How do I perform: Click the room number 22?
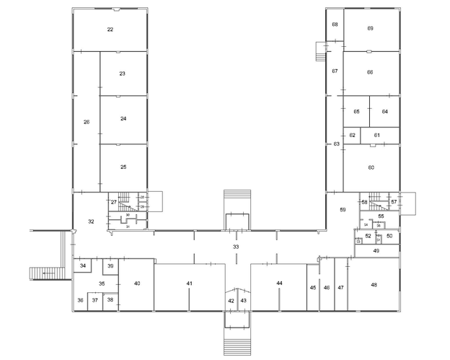(x=110, y=30)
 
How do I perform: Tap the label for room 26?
(x=87, y=122)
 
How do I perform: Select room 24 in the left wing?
(x=123, y=118)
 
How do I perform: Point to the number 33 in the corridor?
(x=235, y=247)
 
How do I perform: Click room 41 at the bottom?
(x=189, y=284)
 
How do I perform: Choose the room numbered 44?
(x=278, y=283)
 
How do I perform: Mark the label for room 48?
(x=374, y=285)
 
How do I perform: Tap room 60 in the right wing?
(x=371, y=167)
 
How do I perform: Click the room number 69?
(x=370, y=28)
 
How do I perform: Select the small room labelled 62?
(x=352, y=135)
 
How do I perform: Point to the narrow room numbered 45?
(x=313, y=288)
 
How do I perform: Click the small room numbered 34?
(x=83, y=266)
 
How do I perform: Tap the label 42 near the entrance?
(x=231, y=300)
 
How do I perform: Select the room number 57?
(x=394, y=202)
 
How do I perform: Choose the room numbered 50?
(x=389, y=236)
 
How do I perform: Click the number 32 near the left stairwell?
(x=91, y=221)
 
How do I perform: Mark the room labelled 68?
(x=335, y=25)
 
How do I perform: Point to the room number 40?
(x=136, y=283)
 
